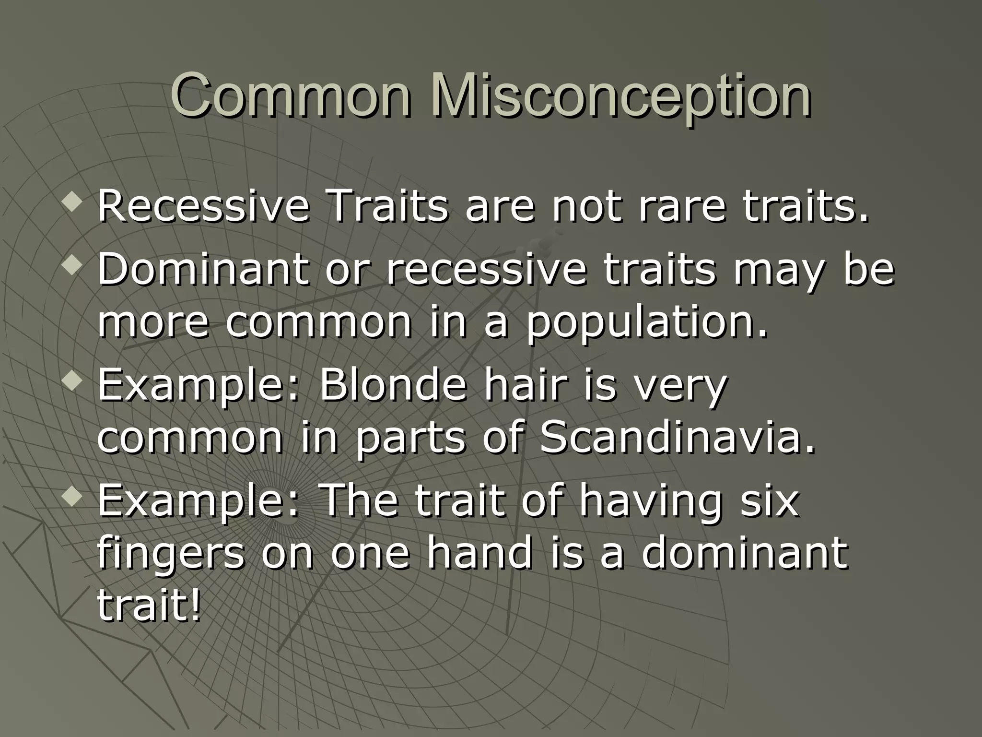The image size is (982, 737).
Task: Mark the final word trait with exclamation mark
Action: coord(149,607)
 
